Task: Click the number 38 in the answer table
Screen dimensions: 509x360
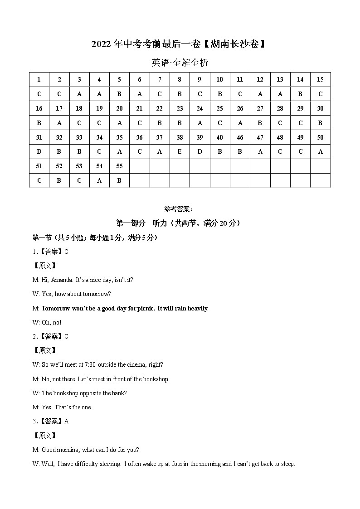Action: [180, 137]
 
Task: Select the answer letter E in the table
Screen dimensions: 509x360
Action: [180, 152]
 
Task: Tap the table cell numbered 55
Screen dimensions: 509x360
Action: [119, 166]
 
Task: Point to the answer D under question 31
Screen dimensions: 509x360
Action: [39, 152]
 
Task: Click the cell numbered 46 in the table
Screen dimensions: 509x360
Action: [240, 137]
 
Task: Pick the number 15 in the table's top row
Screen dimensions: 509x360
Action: [320, 79]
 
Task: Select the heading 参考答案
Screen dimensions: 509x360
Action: [178, 209]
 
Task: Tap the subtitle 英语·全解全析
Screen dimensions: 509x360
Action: [180, 63]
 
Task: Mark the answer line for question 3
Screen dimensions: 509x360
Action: [51, 421]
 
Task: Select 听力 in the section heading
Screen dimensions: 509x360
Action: [161, 223]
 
